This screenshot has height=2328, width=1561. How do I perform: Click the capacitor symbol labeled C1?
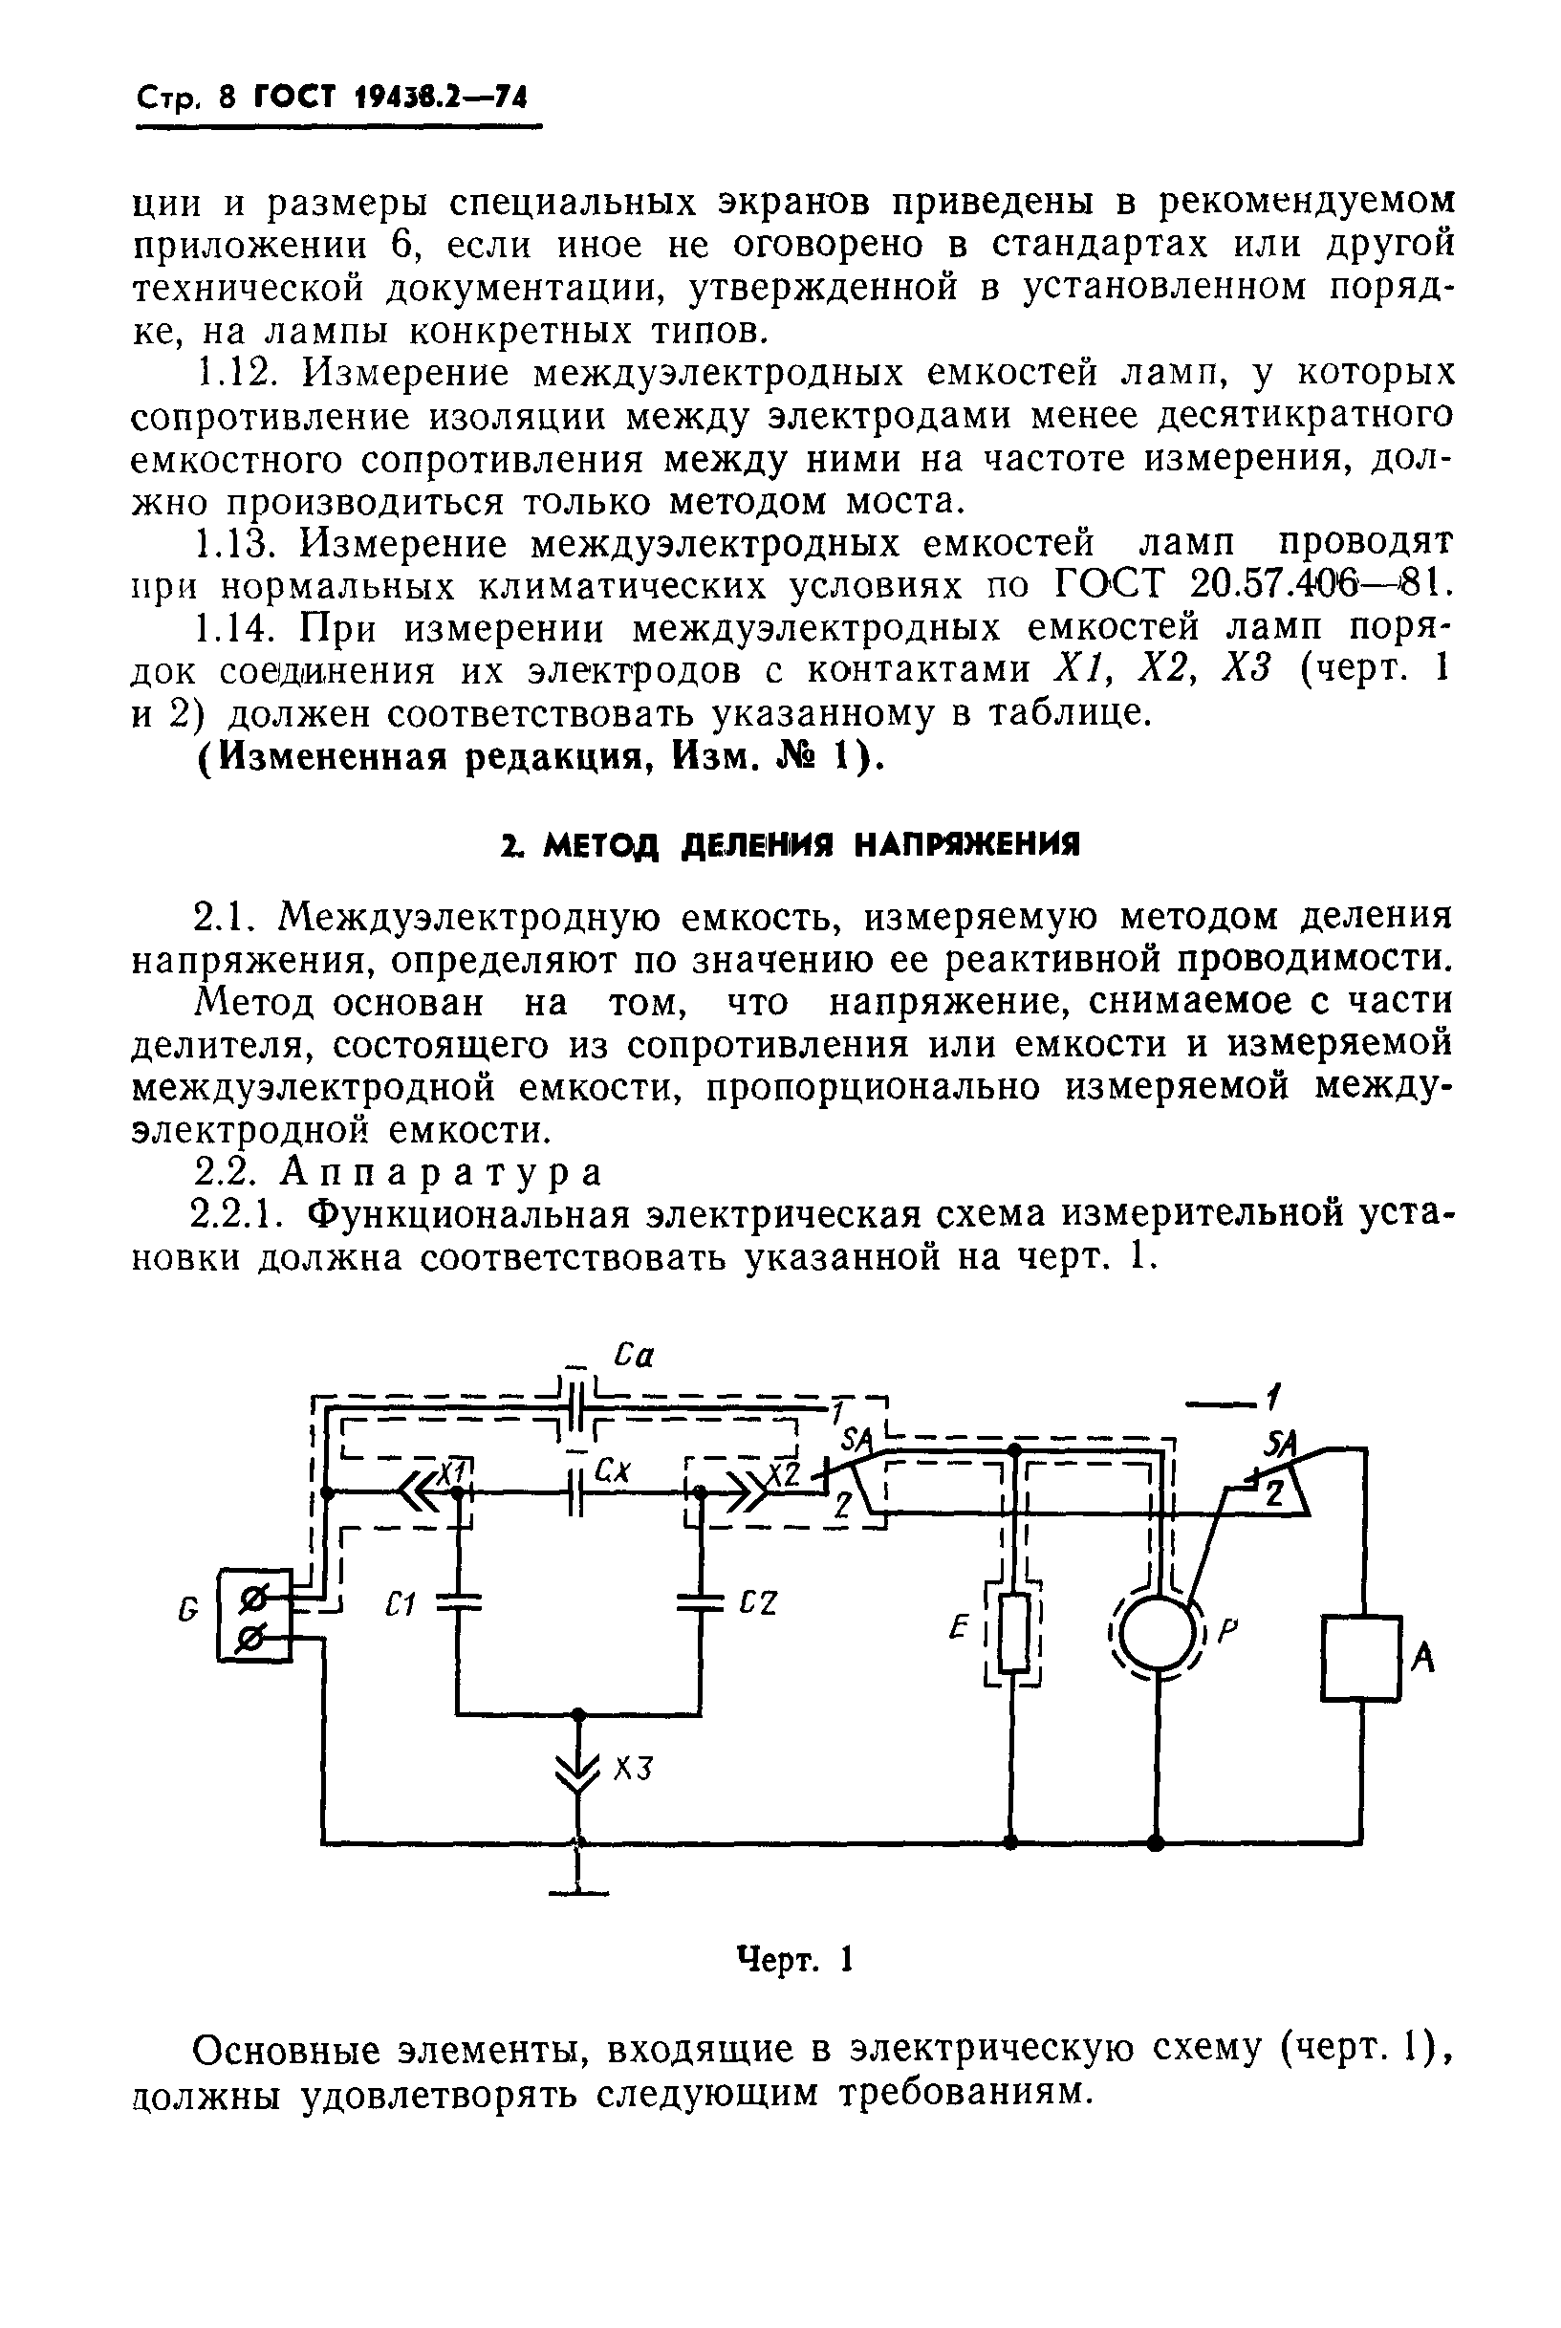459,1600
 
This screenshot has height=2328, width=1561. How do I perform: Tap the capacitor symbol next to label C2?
701,1601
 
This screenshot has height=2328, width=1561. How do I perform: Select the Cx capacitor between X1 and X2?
575,1493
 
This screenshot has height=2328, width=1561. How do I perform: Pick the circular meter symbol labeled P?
1156,1634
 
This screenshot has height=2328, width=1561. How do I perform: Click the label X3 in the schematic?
631,1770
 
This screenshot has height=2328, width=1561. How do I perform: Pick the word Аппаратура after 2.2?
441,1173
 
